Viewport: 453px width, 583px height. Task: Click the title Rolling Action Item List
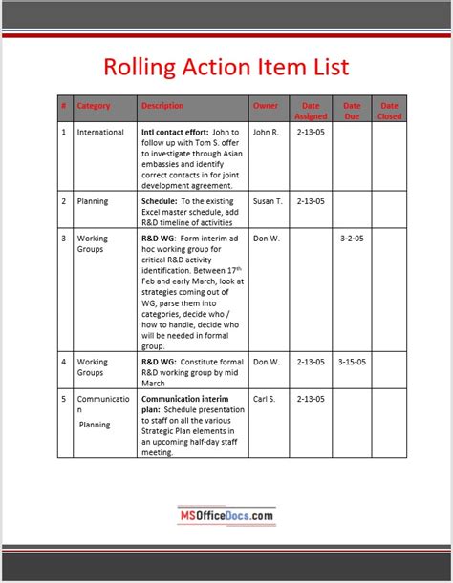click(226, 67)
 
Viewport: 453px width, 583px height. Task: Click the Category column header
click(94, 105)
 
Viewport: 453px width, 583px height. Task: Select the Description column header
click(162, 105)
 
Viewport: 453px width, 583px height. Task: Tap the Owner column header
click(266, 105)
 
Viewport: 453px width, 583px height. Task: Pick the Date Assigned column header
click(311, 111)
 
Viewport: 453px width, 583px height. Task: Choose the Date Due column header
click(352, 111)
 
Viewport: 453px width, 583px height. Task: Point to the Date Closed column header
click(390, 111)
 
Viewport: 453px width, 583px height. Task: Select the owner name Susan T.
click(268, 201)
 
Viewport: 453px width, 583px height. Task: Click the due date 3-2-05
click(352, 239)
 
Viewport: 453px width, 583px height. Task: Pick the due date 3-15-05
click(352, 362)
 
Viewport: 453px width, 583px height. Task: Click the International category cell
click(100, 132)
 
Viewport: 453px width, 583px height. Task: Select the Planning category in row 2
click(93, 201)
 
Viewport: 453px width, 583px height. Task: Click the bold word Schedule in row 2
click(159, 201)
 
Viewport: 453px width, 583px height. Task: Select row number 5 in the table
click(64, 399)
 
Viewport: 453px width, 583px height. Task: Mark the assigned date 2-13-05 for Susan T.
click(311, 201)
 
